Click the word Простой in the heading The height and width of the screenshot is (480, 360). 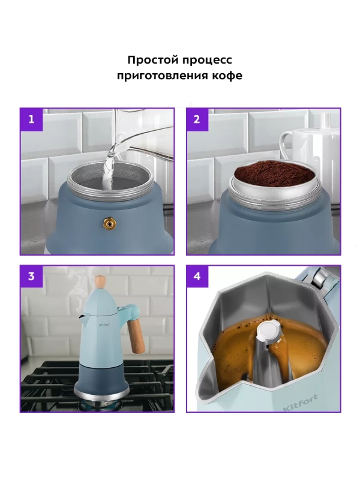[x=150, y=61]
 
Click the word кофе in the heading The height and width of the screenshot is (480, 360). [x=227, y=76]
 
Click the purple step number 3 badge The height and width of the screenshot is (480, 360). [x=32, y=277]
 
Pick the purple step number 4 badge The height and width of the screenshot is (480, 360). [x=197, y=277]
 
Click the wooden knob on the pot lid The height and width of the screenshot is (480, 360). [x=101, y=281]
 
